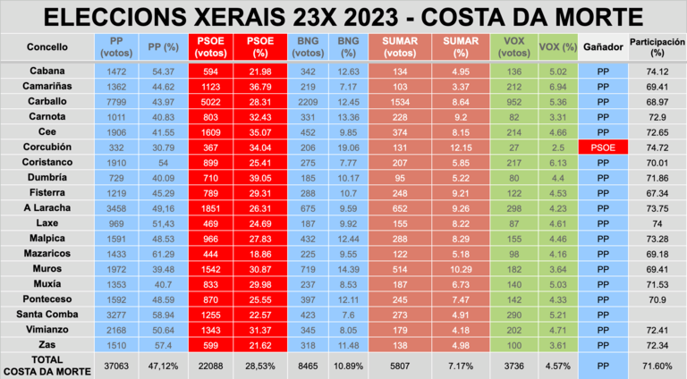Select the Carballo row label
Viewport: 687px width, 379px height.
pyautogui.click(x=36, y=103)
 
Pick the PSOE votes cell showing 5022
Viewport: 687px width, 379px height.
pyautogui.click(x=211, y=103)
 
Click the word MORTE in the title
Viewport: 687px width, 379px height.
pyautogui.click(x=595, y=16)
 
